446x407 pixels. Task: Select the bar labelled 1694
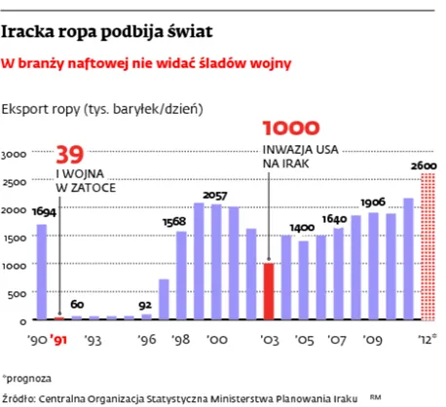[41, 272]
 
